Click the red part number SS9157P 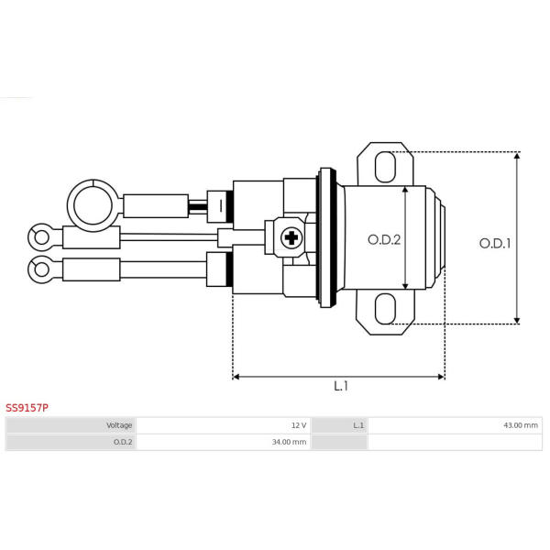(27, 408)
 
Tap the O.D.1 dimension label (495, 244)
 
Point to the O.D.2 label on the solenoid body (384, 240)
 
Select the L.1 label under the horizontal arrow (341, 386)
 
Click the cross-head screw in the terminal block (291, 238)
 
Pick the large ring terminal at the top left (93, 205)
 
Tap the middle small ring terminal (41, 237)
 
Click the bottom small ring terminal (41, 269)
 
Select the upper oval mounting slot (385, 167)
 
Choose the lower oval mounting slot (385, 309)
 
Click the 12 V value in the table (299, 425)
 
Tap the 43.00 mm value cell (521, 425)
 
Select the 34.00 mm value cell (289, 442)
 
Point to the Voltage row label (119, 425)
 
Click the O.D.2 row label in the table (123, 442)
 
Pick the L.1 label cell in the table (358, 425)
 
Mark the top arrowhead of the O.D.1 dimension (517, 156)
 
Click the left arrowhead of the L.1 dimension (236, 377)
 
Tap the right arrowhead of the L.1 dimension (442, 377)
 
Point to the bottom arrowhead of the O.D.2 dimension (405, 286)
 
